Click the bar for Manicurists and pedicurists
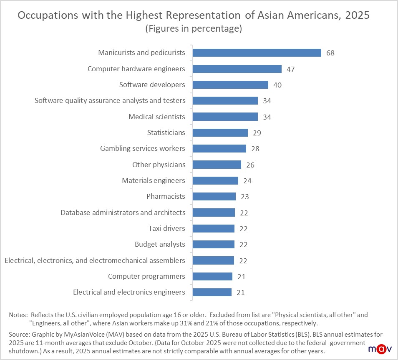click(257, 52)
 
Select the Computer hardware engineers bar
click(237, 69)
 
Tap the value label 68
click(330, 53)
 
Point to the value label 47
click(291, 69)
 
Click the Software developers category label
click(152, 85)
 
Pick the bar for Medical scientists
click(225, 117)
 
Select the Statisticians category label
click(166, 132)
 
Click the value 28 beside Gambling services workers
click(255, 149)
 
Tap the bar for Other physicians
click(217, 165)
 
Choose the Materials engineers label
click(154, 180)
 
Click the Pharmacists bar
click(214, 196)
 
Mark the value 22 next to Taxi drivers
click(244, 229)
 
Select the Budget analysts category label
click(160, 244)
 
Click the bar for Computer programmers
click(212, 276)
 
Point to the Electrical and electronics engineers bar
click(212, 292)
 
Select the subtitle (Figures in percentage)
click(193, 29)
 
